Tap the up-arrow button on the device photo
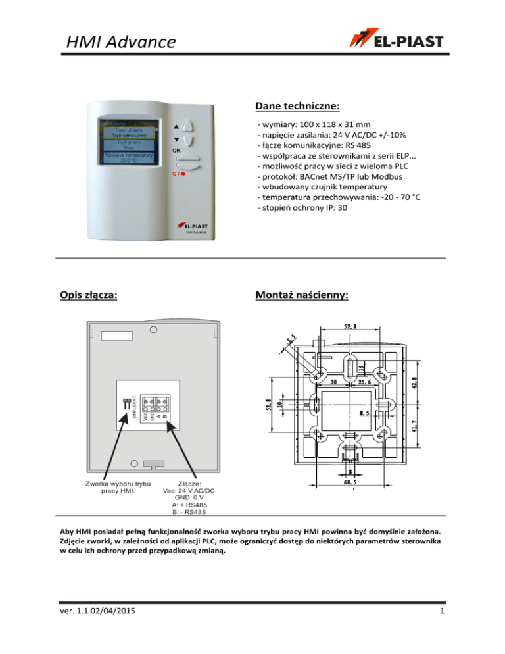pos(188,126)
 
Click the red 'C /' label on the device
pos(179,174)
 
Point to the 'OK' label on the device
pos(177,150)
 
